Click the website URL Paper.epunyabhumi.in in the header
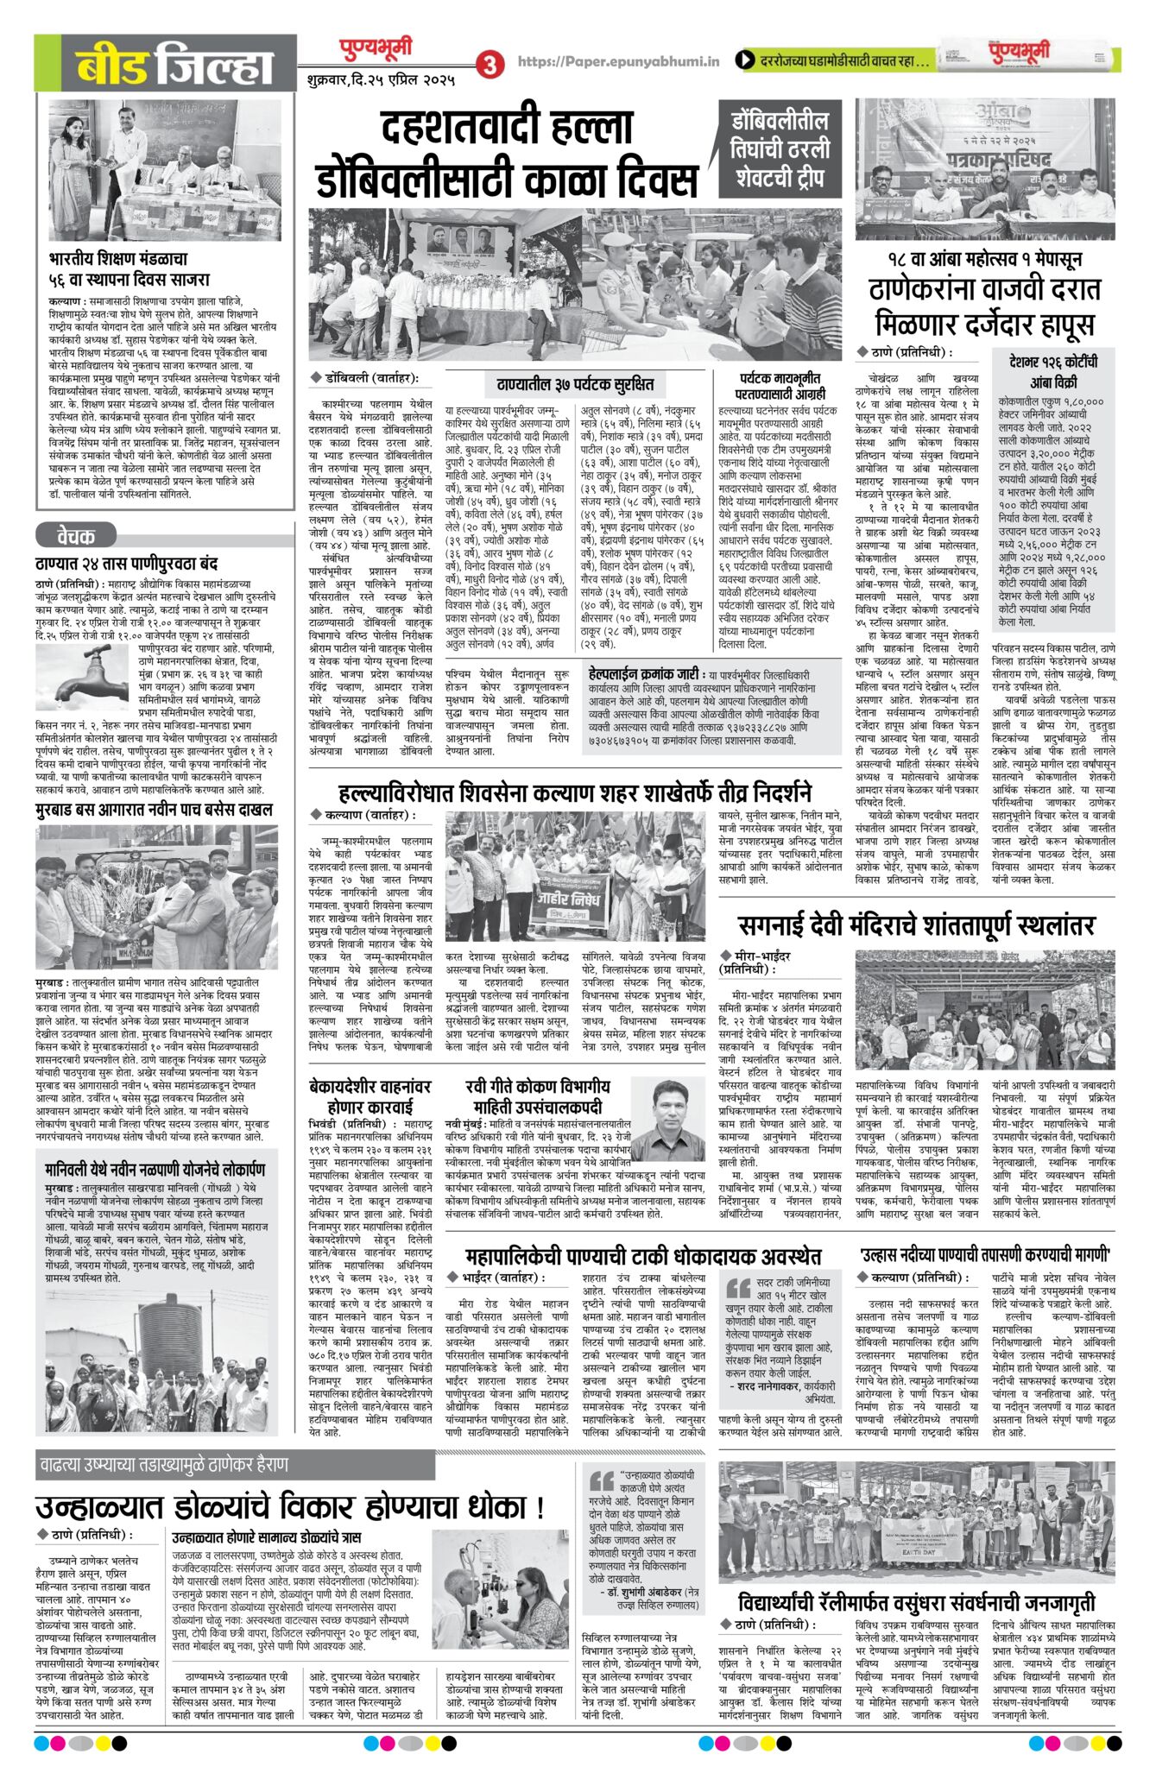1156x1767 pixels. pyautogui.click(x=618, y=61)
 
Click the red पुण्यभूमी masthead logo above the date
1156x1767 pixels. pyautogui.click(x=374, y=52)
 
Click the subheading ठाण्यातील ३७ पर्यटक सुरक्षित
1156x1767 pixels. pyautogui.click(x=575, y=383)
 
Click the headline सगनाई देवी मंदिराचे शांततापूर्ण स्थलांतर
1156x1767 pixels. pyautogui.click(x=916, y=925)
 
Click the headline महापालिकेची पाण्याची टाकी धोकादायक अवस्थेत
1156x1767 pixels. pyautogui.click(x=642, y=1256)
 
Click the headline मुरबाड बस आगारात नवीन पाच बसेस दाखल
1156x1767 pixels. pyautogui.click(x=155, y=810)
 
